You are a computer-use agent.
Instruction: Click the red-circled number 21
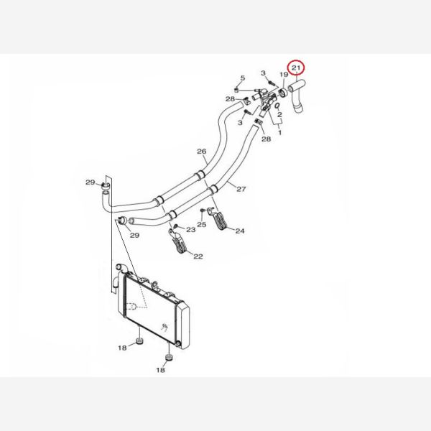point(296,68)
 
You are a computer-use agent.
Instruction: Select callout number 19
point(284,75)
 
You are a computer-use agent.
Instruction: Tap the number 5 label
point(243,78)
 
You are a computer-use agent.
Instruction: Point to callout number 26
point(201,151)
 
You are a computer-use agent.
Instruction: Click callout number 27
point(241,189)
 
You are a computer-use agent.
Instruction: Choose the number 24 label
point(240,231)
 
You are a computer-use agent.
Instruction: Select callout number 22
point(198,256)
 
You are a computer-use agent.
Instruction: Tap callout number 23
point(191,230)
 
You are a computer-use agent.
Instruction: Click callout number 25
point(201,225)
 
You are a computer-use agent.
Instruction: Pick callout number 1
point(280,133)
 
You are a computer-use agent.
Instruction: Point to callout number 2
point(279,115)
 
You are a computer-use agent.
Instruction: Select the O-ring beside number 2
point(277,106)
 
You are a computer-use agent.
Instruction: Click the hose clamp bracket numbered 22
point(177,241)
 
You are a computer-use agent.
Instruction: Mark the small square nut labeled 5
point(236,90)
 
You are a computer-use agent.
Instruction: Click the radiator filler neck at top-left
point(121,267)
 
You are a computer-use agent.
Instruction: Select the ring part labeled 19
point(283,93)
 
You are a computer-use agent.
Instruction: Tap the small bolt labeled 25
point(203,210)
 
